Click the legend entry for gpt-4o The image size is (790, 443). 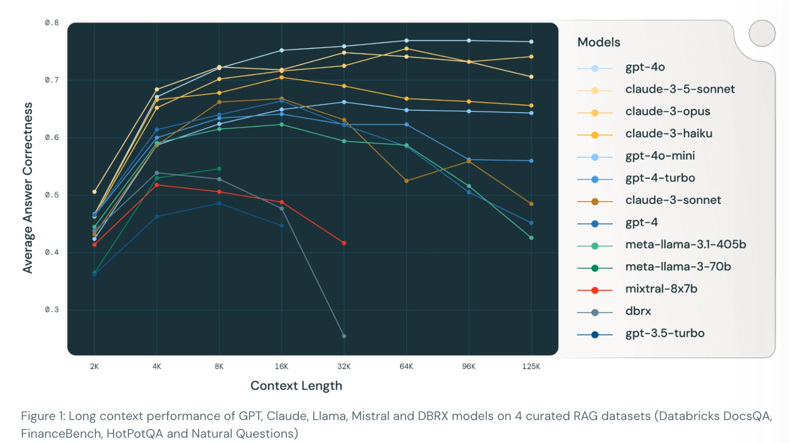click(x=645, y=68)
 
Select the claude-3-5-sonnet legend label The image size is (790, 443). click(x=679, y=90)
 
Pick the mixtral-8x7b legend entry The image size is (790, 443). click(x=661, y=289)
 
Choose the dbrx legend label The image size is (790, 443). click(x=638, y=311)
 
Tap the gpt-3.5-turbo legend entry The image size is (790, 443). click(x=664, y=334)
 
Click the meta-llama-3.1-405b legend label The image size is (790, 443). click(x=685, y=245)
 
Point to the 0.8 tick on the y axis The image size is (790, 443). click(x=52, y=23)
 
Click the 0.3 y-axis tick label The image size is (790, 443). click(x=52, y=310)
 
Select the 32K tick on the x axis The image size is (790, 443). click(x=344, y=367)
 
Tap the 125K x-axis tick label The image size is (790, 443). click(x=531, y=367)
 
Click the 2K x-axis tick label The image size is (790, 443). click(x=94, y=367)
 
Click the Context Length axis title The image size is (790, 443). click(x=296, y=386)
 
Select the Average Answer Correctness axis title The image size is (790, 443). click(x=28, y=188)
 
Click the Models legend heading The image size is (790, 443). click(x=599, y=42)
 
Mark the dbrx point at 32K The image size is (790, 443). click(x=344, y=336)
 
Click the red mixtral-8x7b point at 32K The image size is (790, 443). click(x=344, y=243)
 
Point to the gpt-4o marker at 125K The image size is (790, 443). click(x=531, y=42)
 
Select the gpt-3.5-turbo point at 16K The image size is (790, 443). click(x=282, y=226)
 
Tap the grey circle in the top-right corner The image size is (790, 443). click(x=762, y=34)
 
